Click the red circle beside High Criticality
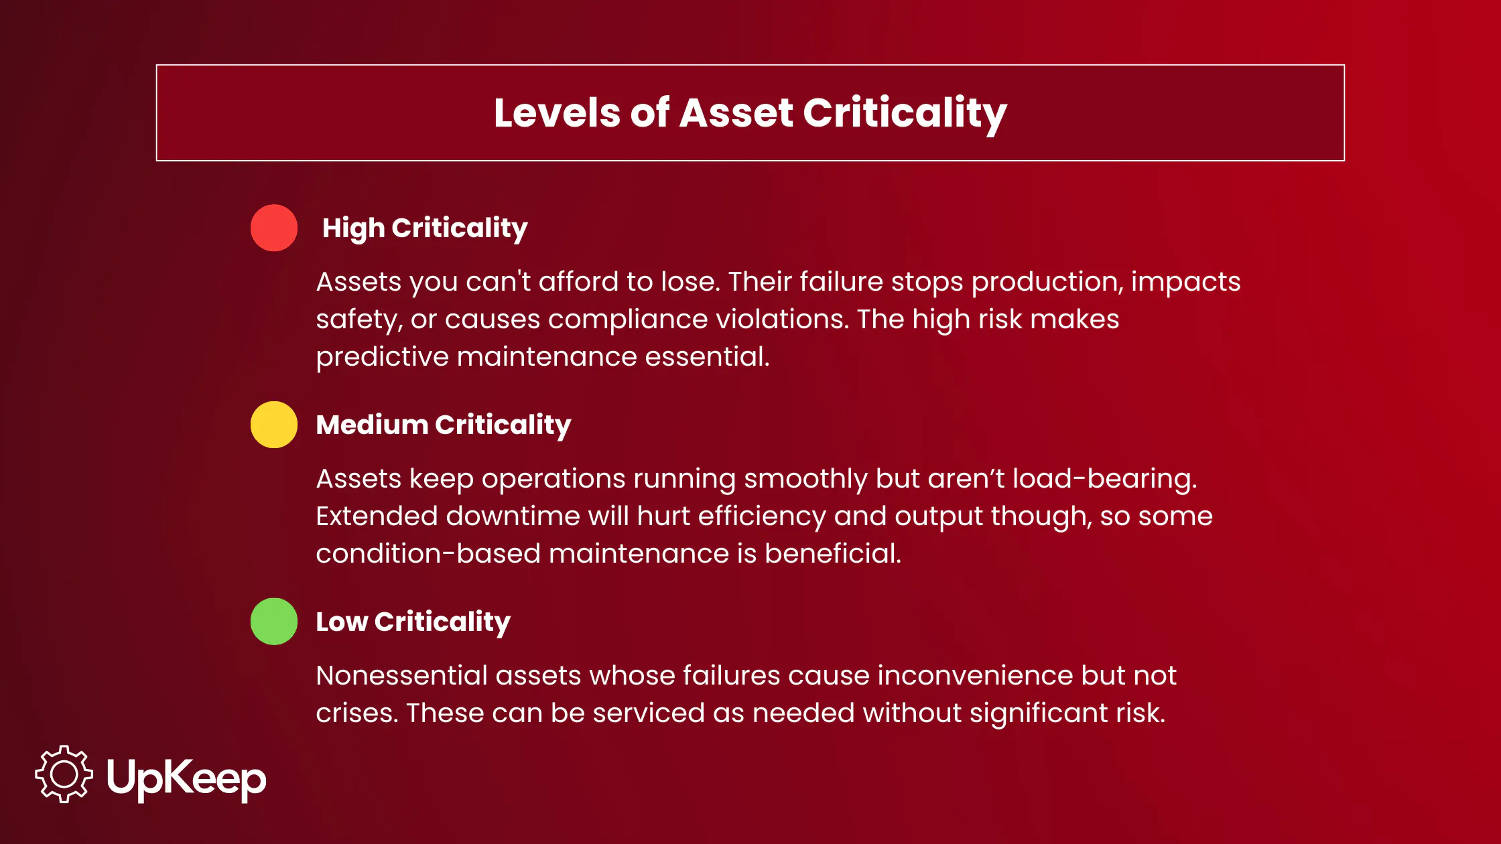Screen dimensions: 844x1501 274,228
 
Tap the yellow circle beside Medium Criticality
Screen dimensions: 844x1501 274,425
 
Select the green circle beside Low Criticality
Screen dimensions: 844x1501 274,622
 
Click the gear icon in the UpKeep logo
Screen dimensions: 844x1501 64,774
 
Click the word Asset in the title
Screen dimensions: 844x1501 736,113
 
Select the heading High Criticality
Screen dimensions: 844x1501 425,228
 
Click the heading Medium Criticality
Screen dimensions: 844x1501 443,425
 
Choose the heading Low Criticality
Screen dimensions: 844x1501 413,622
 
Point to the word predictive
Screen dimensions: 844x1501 382,357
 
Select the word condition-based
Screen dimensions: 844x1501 428,554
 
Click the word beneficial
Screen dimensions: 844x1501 833,554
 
